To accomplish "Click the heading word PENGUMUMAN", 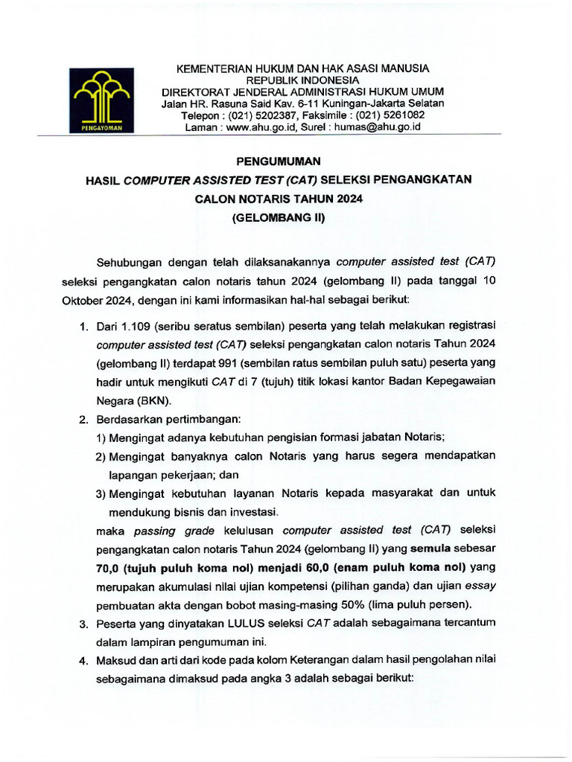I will tap(278, 160).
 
